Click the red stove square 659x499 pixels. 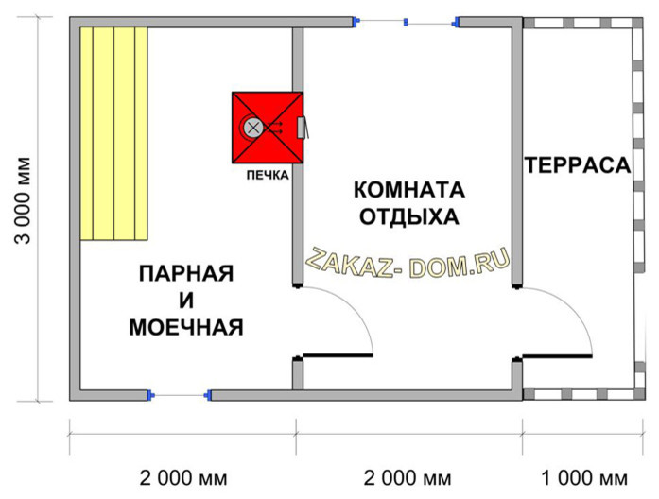269,128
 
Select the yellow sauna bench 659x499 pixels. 114,132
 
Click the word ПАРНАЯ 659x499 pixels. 185,274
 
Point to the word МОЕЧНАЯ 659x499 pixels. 185,328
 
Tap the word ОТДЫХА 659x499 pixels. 408,216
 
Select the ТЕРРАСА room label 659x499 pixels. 577,165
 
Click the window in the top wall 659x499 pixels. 406,21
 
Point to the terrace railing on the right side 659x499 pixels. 633,208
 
